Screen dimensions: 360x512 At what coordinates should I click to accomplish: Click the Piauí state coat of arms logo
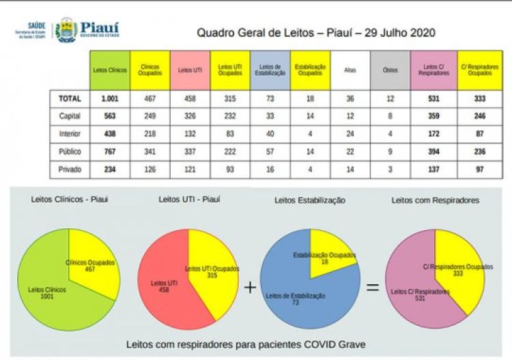click(x=66, y=29)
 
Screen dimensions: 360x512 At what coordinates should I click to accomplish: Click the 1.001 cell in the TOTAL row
click(x=110, y=99)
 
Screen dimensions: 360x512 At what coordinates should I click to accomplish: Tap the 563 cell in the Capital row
click(x=110, y=116)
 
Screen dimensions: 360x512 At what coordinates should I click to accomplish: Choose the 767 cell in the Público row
click(x=110, y=151)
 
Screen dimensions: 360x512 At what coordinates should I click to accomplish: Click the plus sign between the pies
click(x=250, y=287)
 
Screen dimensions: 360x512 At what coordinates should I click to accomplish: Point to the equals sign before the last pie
click(x=373, y=287)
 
